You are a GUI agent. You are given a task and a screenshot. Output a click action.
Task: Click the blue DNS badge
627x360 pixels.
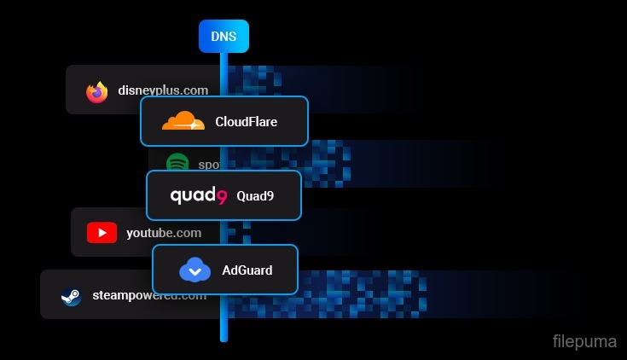point(224,37)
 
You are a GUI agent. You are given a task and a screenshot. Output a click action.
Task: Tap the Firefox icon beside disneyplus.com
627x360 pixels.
point(97,91)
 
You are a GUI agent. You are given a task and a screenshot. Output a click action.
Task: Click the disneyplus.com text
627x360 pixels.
point(162,90)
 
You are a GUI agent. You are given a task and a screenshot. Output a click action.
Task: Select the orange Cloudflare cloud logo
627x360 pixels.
point(183,121)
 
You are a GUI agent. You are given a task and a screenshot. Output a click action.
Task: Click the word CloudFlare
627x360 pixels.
point(247,121)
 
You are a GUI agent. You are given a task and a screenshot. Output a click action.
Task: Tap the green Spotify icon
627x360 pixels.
point(177,163)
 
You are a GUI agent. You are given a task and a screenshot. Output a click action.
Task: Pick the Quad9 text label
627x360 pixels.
point(255,195)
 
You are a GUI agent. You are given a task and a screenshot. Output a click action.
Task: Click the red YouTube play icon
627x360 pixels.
point(102,232)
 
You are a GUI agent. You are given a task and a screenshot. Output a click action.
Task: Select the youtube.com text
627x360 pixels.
point(164,232)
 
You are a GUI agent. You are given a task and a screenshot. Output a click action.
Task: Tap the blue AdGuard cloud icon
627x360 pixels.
point(194,270)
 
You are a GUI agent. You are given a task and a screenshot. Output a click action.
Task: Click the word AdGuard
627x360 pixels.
point(247,270)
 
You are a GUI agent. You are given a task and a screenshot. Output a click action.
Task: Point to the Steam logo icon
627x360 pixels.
point(70,296)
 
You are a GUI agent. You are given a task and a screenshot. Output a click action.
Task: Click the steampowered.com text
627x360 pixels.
point(149,295)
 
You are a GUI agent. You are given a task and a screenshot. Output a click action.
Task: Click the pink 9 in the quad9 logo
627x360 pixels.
point(221,197)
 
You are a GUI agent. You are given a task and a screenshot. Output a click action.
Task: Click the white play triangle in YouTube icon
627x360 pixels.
point(102,232)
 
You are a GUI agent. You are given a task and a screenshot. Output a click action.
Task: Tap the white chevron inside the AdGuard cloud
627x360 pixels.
point(194,272)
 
